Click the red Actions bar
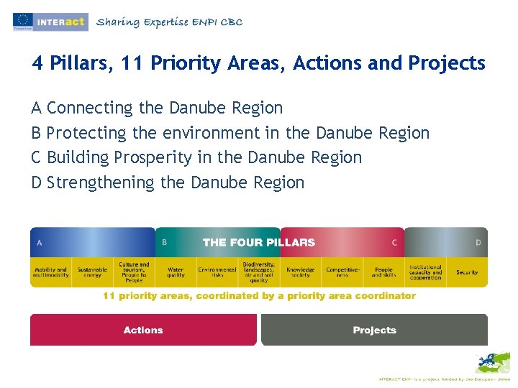143,330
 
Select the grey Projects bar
374,330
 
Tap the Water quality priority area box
176,272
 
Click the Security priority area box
467,272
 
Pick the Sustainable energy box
92,272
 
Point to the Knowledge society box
300,272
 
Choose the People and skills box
383,272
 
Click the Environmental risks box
217,272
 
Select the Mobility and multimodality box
50,272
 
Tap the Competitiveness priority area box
342,272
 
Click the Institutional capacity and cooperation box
425,272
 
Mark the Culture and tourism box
134,272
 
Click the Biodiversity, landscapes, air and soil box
258,272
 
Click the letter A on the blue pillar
40,243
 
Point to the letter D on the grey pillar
478,243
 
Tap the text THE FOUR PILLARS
259,242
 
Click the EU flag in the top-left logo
22,22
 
